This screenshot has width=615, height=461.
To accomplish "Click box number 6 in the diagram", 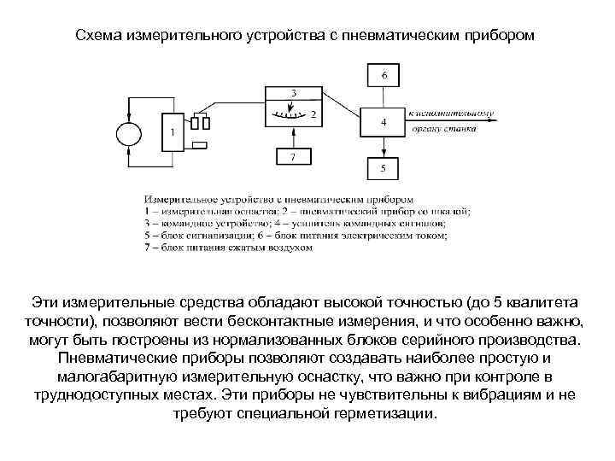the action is click(x=384, y=76).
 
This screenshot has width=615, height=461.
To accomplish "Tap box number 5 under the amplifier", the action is click(x=384, y=169).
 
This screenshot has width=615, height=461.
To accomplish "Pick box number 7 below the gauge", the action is click(x=294, y=157).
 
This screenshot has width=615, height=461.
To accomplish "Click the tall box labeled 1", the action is click(x=173, y=132).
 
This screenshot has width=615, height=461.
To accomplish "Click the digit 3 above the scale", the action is click(x=294, y=92).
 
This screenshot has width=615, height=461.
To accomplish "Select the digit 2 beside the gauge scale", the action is click(x=313, y=113).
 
